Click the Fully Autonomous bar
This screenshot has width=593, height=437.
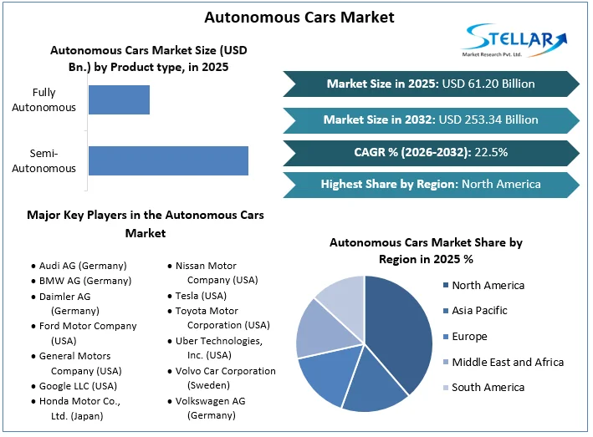click(119, 99)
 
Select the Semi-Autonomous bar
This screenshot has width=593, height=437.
click(168, 161)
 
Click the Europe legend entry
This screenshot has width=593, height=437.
click(466, 336)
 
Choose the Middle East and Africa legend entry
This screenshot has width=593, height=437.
click(504, 362)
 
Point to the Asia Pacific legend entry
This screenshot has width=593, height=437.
click(475, 311)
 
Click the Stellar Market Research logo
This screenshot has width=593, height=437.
click(514, 40)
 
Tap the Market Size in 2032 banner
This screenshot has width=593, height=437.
click(431, 120)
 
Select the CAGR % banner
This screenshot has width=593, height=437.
click(431, 153)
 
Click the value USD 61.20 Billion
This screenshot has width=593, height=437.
click(488, 84)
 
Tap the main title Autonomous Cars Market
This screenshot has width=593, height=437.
click(299, 18)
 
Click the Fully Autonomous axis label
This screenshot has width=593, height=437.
click(43, 99)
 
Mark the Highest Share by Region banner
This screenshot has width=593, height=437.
click(431, 185)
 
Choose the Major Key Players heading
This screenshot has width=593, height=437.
click(146, 224)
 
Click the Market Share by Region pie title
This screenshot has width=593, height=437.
click(426, 251)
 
